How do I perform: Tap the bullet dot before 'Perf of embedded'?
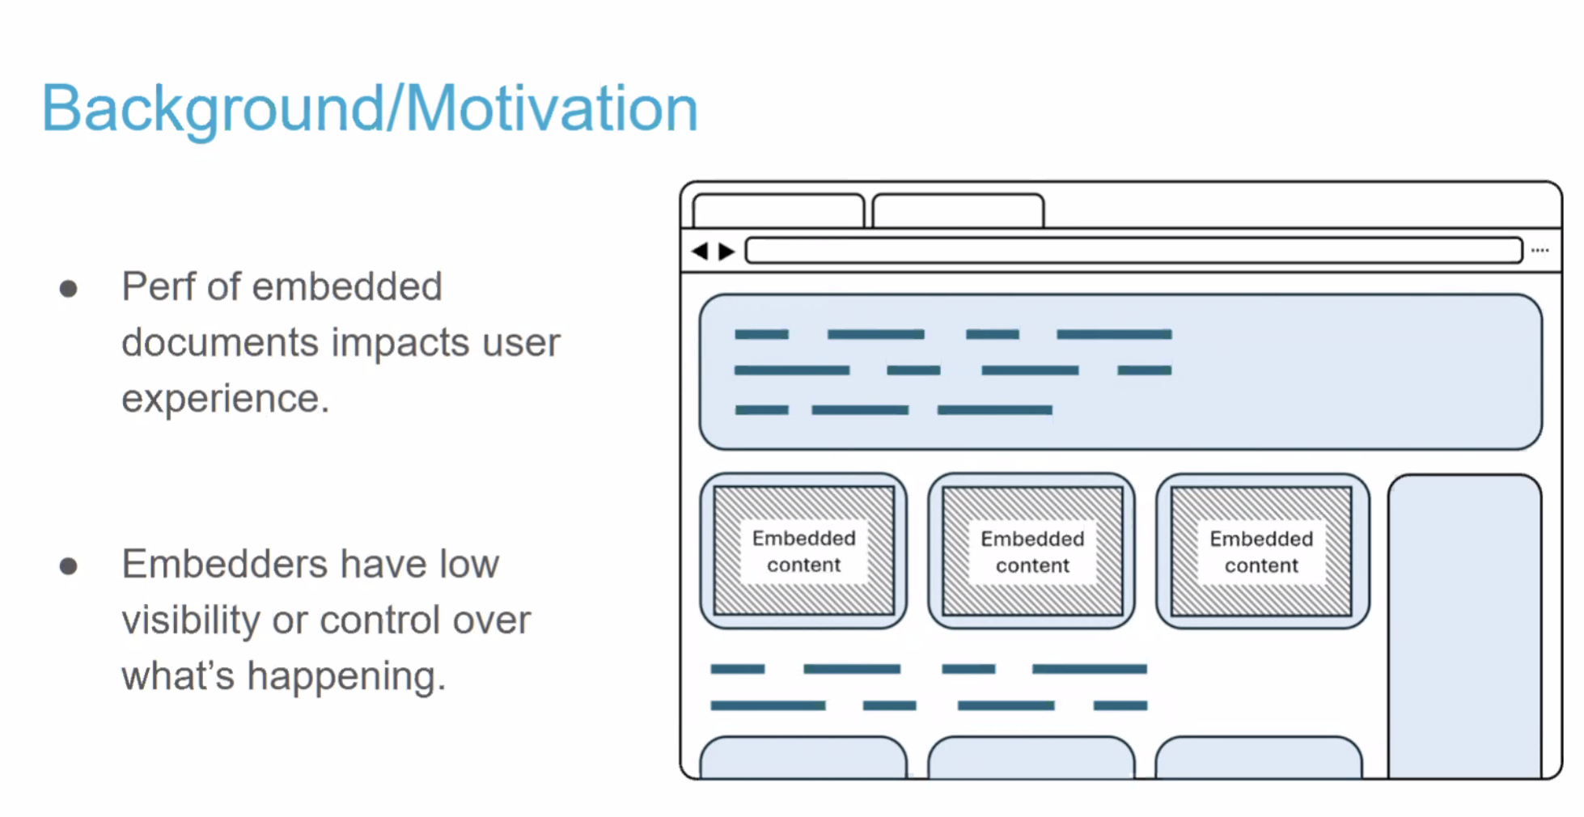point(69,289)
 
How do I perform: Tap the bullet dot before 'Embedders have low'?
point(69,566)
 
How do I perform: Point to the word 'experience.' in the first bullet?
point(226,400)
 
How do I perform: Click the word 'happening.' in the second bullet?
point(346,677)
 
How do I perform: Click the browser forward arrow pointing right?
point(726,252)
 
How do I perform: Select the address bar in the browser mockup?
point(1133,251)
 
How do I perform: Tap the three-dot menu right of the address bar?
point(1540,251)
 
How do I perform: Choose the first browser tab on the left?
point(778,210)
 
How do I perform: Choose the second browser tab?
point(958,210)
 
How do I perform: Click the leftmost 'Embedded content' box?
point(803,551)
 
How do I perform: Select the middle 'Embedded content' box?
point(1032,551)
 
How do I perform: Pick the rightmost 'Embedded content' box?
point(1261,551)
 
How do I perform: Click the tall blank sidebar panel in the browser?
point(1465,627)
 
